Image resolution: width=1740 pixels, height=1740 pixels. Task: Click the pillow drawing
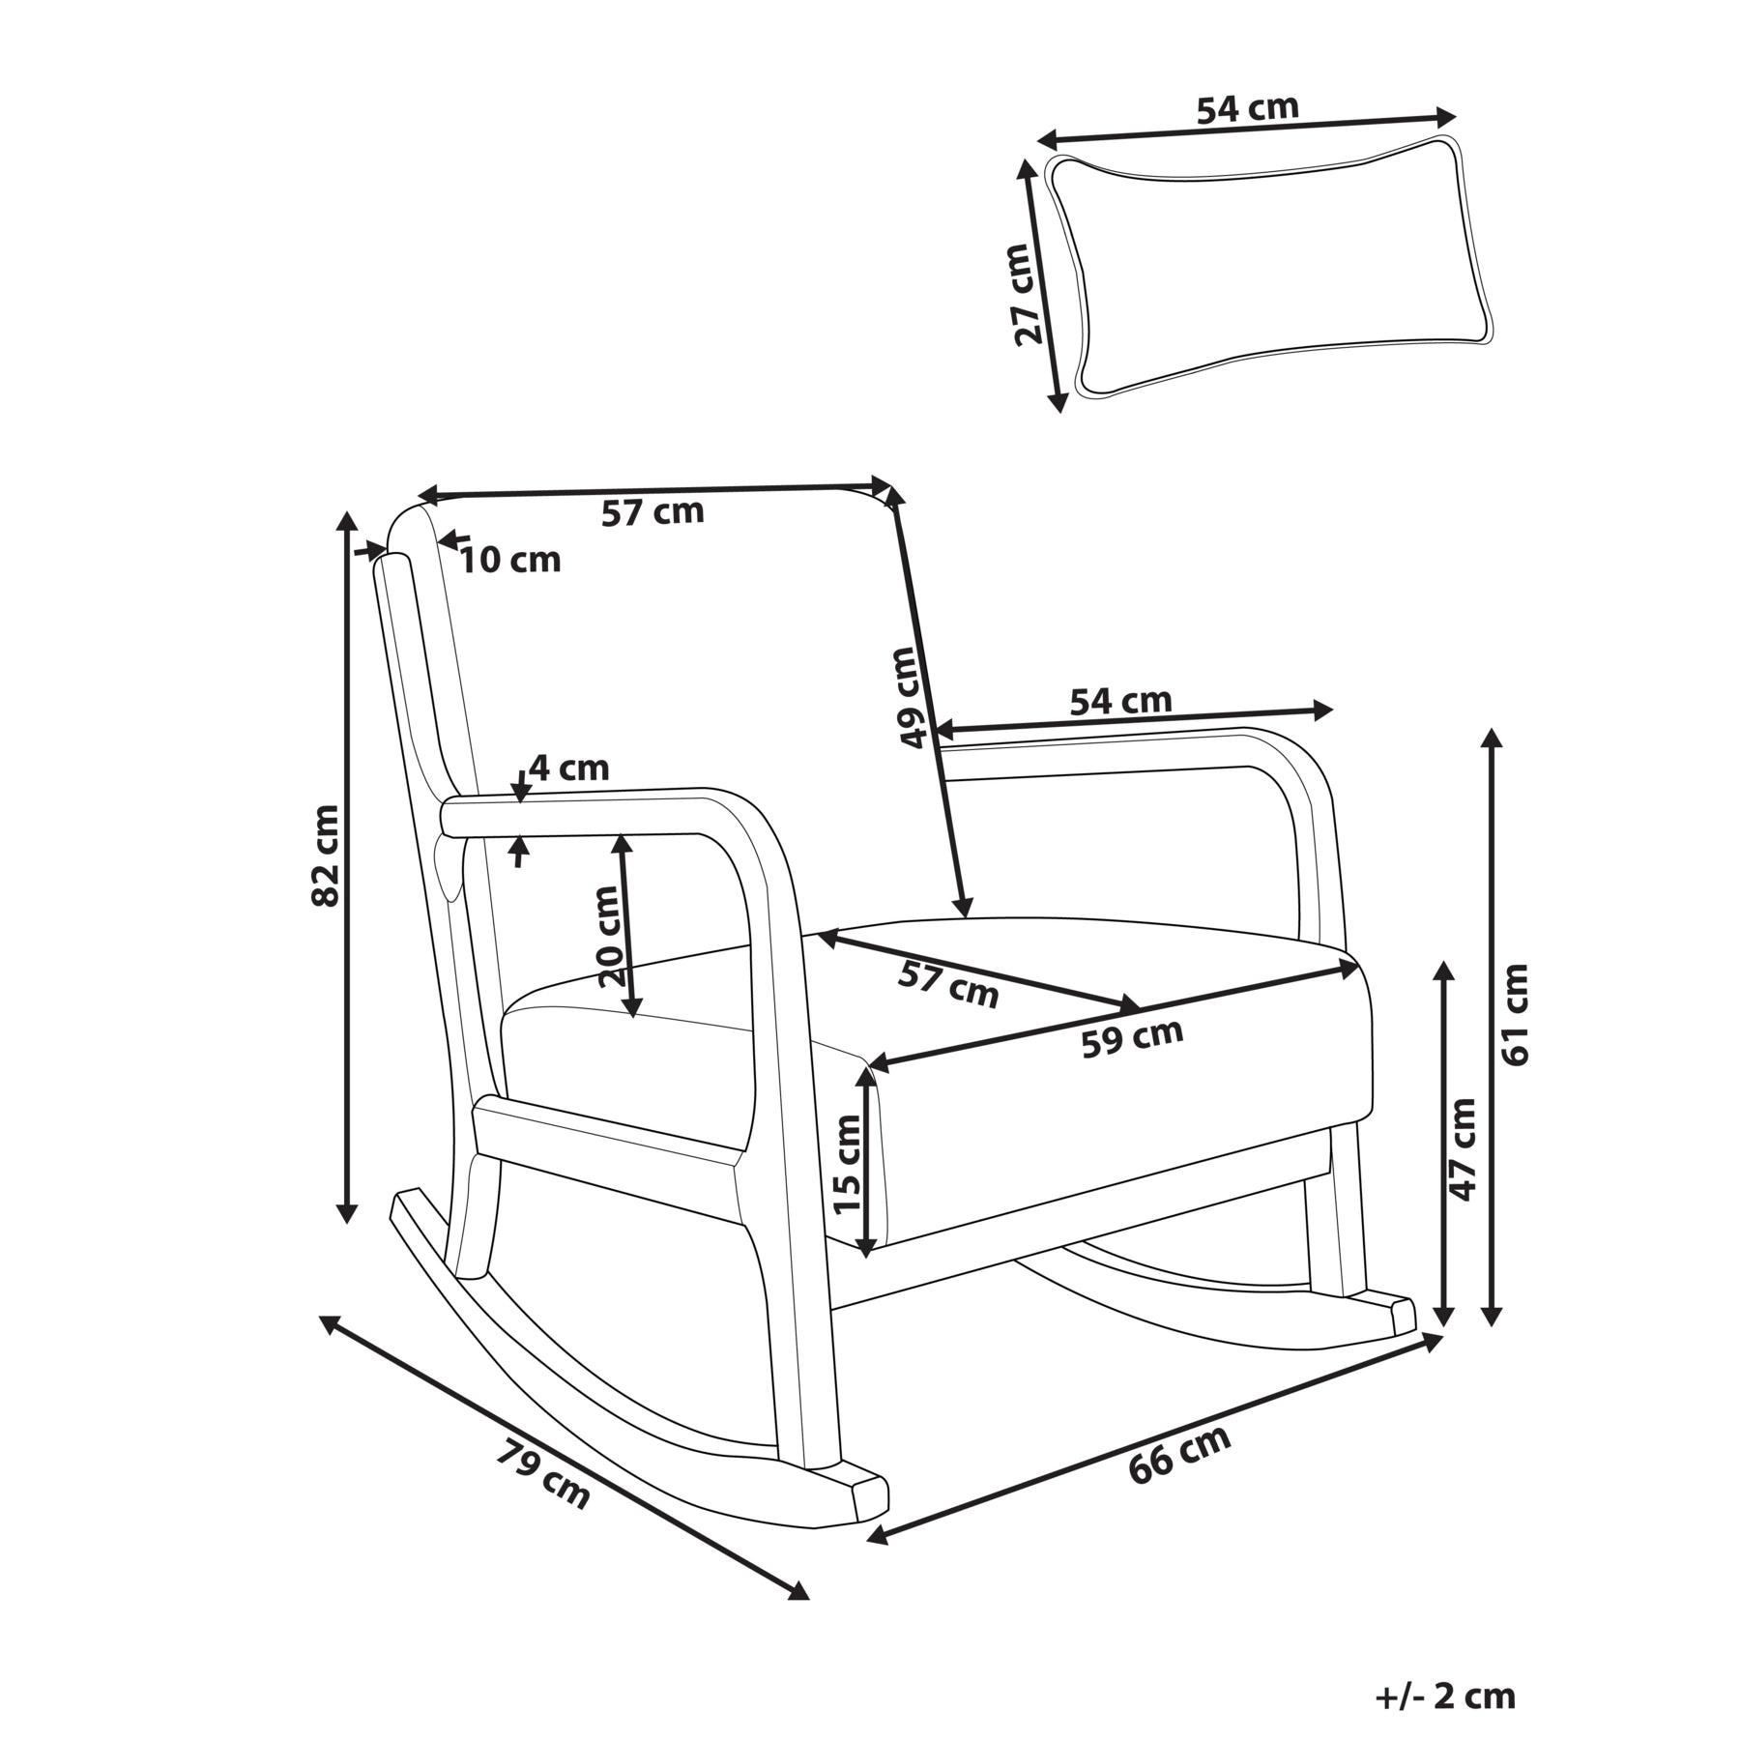(x=1267, y=268)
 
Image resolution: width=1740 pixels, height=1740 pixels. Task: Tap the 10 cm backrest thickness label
(x=509, y=559)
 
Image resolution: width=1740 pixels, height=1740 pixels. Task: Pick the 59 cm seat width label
(x=1132, y=1038)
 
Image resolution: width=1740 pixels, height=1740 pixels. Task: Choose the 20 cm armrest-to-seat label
(x=608, y=936)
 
